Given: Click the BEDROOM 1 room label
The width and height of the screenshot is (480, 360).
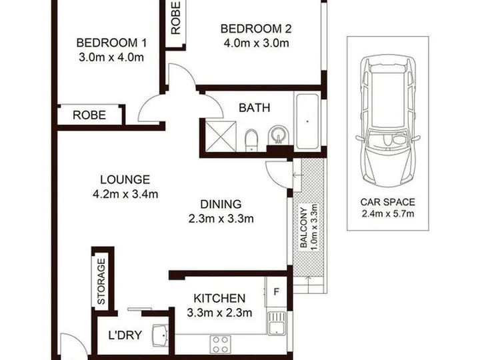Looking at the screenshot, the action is pos(111,43).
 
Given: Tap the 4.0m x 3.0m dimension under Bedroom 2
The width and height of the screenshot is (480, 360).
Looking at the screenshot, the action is pos(256,43).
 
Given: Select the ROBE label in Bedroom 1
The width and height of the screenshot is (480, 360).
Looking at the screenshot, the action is pos(89,115).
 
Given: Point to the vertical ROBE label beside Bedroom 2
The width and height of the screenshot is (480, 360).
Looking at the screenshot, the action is pos(176,18).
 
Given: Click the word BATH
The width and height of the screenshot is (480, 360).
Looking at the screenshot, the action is pos(255,108).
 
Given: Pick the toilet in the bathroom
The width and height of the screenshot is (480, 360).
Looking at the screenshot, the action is pos(251,140).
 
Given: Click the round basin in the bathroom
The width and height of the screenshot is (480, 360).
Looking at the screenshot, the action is pos(278,135).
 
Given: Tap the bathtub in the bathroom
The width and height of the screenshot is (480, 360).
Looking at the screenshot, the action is pos(307,121).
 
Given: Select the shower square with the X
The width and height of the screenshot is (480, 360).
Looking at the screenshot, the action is pos(221,136).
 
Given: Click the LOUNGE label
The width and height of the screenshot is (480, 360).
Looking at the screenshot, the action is pos(125,179).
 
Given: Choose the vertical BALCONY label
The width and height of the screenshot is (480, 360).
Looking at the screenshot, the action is pos(304,228).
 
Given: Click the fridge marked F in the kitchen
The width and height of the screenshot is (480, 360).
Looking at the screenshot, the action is pos(276,292).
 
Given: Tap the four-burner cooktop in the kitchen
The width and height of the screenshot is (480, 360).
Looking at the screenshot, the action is pos(221,344).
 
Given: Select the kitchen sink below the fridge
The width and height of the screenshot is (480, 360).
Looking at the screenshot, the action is pos(277,323).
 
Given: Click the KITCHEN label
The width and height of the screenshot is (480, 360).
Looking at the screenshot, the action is pos(219,298).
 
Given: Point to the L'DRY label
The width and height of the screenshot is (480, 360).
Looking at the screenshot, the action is pos(125,335).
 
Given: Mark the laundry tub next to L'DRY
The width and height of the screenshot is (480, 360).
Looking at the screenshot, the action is pos(160,335).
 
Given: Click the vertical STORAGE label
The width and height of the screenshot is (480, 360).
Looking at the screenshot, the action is pos(101,281).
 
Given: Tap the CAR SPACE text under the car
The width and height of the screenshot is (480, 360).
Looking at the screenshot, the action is pos(387,203).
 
